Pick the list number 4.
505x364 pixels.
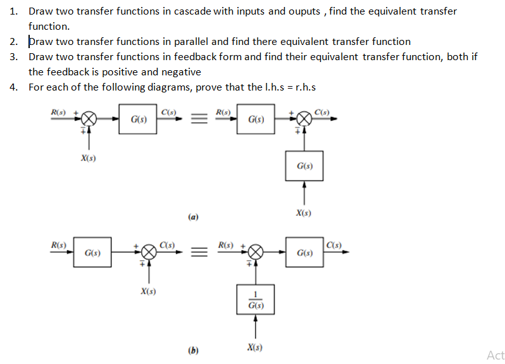(x=13, y=87)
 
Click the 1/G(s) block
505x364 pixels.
(x=255, y=299)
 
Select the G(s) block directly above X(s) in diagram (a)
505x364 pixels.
(x=304, y=166)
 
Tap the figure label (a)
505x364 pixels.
(x=193, y=217)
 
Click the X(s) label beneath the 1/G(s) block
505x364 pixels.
(x=254, y=348)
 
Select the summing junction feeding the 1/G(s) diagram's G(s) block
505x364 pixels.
(x=255, y=253)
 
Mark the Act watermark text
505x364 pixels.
(x=496, y=355)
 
